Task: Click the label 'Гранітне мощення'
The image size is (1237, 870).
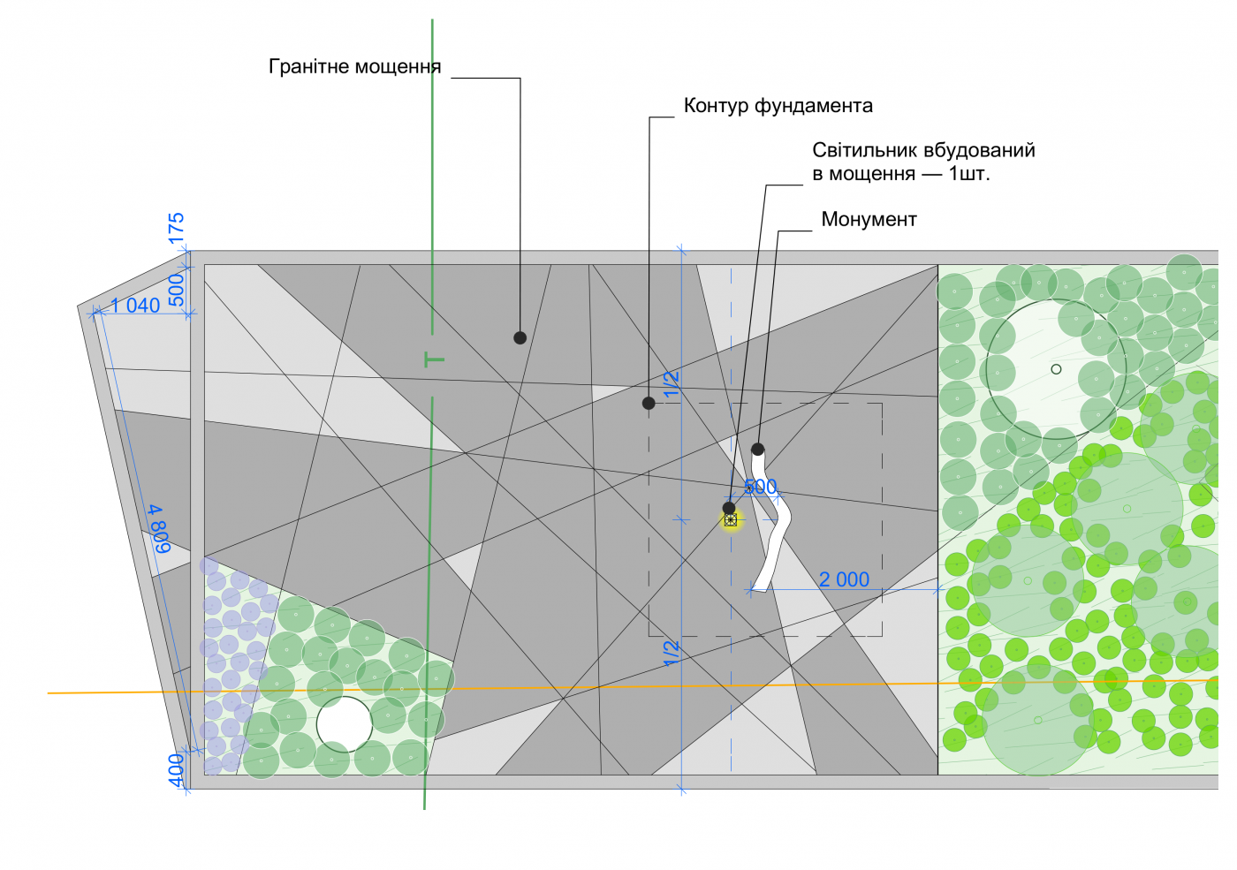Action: [354, 67]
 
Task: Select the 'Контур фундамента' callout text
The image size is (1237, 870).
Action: [778, 106]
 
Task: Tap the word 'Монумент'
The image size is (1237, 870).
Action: [869, 219]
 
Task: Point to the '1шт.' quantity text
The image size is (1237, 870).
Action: [969, 174]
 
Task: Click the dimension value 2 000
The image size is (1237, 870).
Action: [844, 579]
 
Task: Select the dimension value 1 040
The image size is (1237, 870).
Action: [135, 306]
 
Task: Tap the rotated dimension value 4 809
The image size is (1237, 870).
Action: [160, 529]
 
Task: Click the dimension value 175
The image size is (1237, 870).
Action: [177, 228]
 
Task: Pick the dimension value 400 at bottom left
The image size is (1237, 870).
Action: [177, 769]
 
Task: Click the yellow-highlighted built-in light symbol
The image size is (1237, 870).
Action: [731, 520]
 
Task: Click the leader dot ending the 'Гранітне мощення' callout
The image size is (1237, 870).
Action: [520, 337]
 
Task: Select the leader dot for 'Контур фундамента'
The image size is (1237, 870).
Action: [649, 403]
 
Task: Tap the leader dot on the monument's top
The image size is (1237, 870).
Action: [757, 449]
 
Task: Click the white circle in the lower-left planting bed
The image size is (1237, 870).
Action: [345, 723]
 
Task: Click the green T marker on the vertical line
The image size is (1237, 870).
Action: [434, 359]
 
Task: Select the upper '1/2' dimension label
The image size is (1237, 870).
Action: [672, 383]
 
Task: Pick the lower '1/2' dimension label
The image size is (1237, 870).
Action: [672, 653]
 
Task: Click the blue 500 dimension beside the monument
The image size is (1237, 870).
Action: [760, 487]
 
